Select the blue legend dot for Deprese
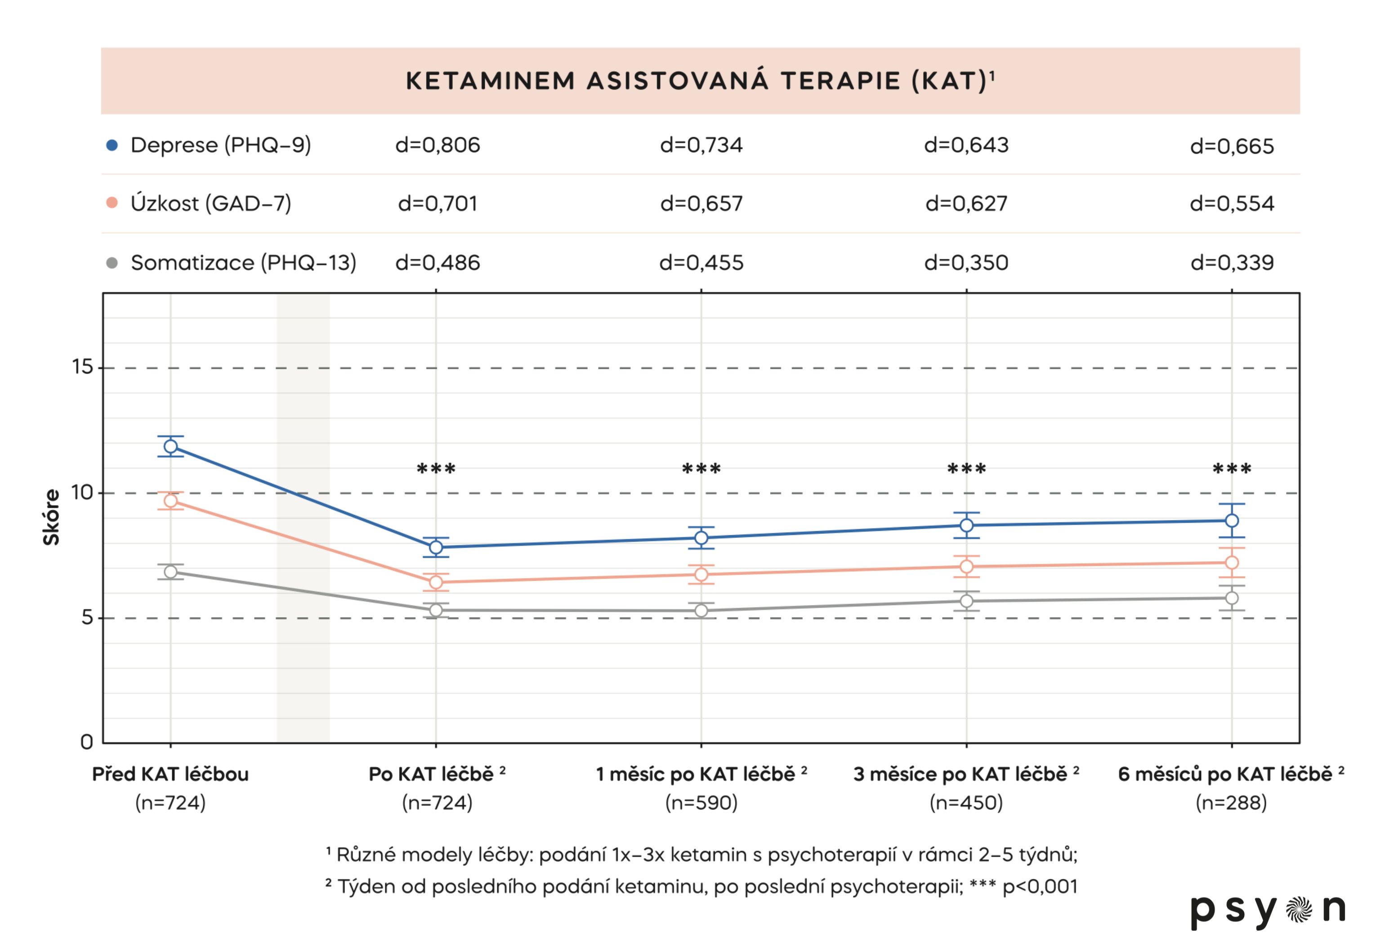point(111,145)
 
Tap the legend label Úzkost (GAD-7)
point(210,204)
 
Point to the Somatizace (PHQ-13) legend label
point(243,263)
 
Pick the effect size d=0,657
point(701,204)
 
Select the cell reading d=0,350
point(966,263)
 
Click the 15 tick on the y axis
point(83,367)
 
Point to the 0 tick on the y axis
point(87,742)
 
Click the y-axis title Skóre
point(52,517)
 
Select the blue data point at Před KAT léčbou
point(171,446)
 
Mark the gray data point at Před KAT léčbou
point(171,572)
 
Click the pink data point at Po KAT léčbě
point(436,582)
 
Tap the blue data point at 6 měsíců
point(1232,521)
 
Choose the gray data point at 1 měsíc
point(701,611)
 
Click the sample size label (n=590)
point(701,803)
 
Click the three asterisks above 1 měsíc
point(701,469)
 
